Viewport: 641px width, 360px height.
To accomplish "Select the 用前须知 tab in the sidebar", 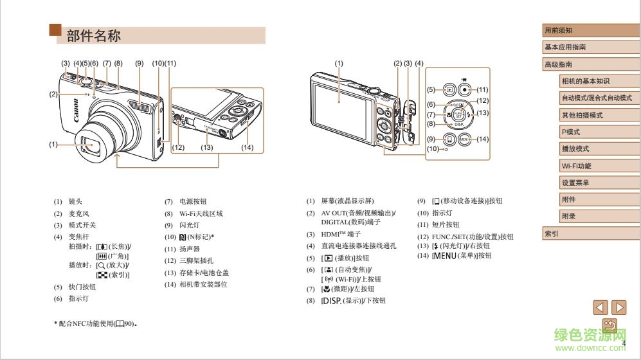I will coord(558,30).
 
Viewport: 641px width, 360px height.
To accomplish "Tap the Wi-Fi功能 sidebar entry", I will coord(576,166).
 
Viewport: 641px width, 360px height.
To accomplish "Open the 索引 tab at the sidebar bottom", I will coord(552,233).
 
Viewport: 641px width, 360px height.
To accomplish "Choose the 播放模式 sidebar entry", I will coord(575,148).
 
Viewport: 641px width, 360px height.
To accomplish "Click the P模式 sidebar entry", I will coord(570,132).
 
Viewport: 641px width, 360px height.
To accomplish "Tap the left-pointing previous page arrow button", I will coord(600,307).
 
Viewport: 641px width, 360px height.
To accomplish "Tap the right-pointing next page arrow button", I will coord(618,307).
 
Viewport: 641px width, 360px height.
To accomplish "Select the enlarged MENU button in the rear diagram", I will coord(465,139).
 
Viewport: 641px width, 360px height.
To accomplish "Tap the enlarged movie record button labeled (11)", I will coord(464,90).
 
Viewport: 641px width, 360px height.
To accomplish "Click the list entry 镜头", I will coord(75,201).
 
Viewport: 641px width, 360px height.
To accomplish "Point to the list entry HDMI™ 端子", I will coord(341,234).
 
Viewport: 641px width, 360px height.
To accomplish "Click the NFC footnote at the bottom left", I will coord(96,323).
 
